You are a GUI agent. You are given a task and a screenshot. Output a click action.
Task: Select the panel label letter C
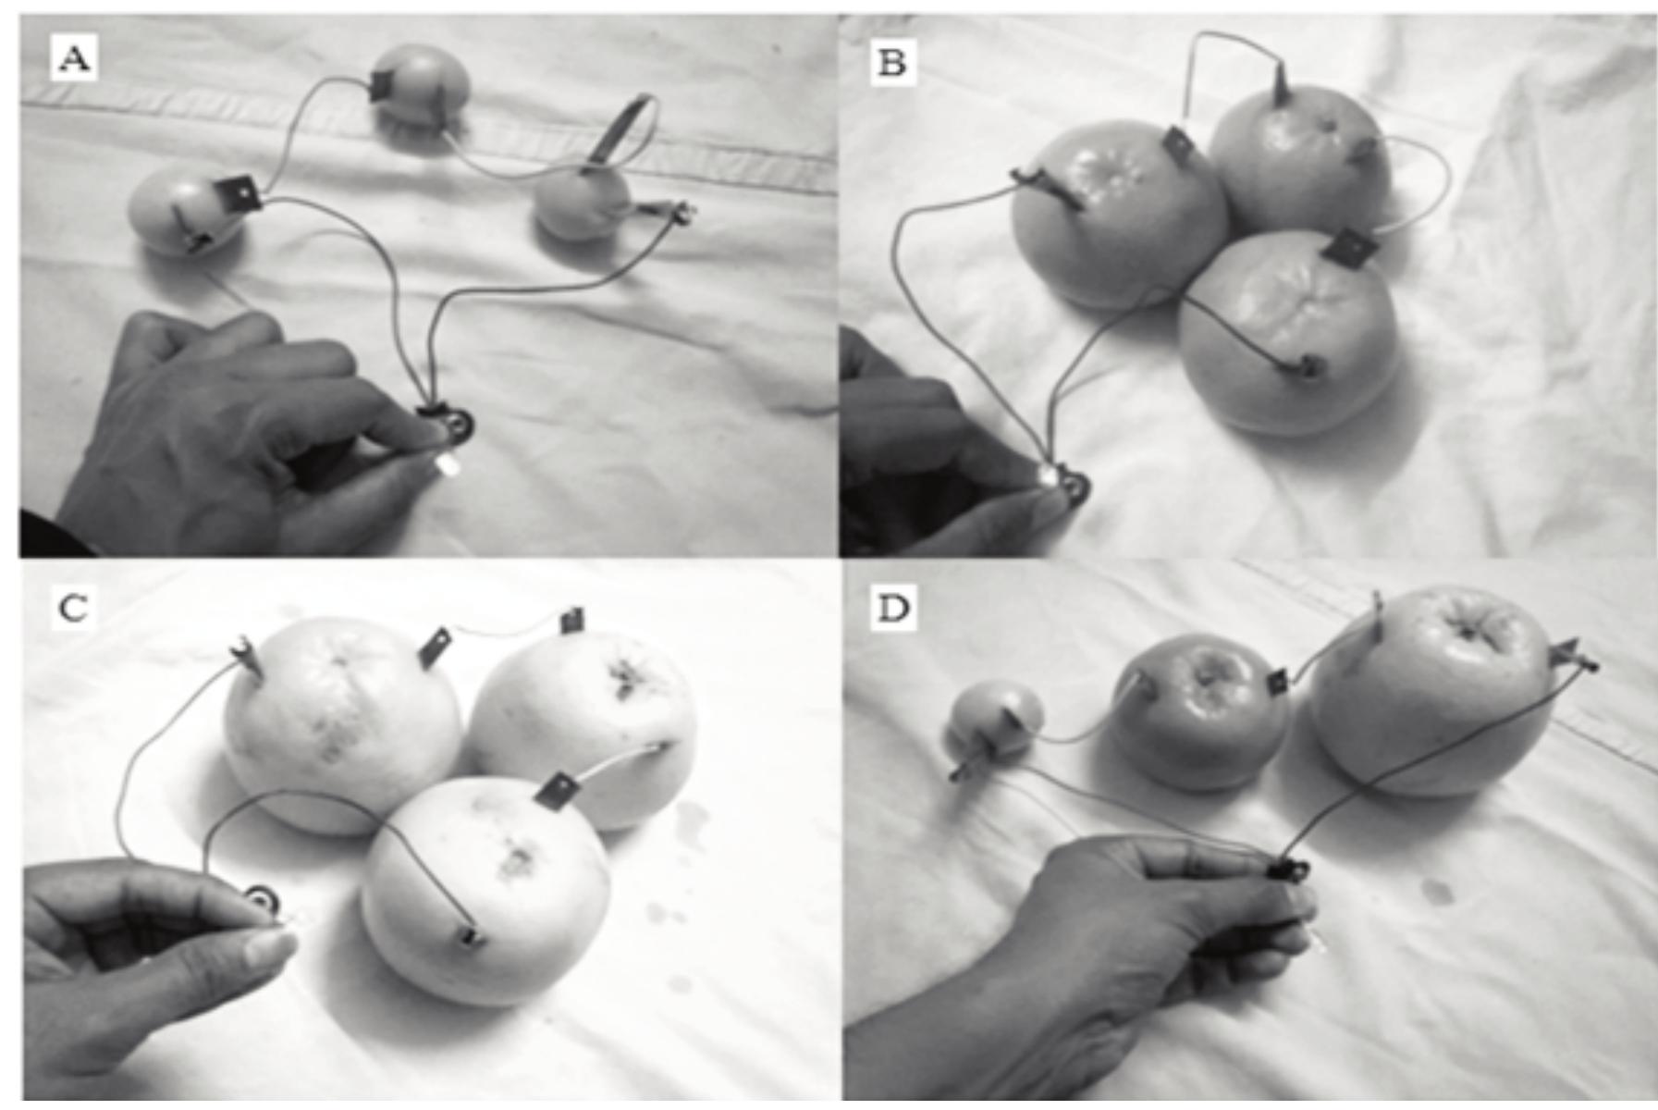coord(73,608)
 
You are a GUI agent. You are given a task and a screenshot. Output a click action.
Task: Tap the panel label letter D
coord(891,610)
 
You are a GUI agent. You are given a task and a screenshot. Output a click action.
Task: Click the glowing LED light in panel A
coord(451,464)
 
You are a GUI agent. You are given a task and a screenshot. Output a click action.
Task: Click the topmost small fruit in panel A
coord(421,89)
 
